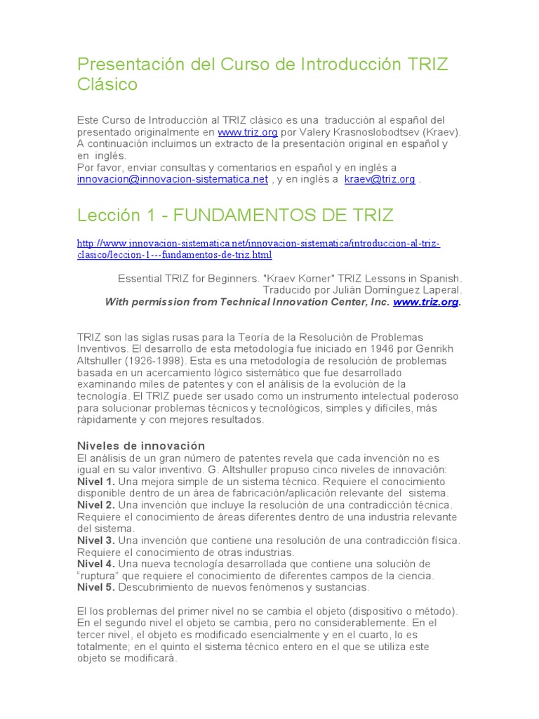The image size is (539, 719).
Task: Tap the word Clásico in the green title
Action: tap(107, 85)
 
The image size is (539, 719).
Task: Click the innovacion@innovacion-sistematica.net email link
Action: tap(173, 179)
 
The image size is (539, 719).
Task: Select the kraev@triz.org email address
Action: tap(379, 179)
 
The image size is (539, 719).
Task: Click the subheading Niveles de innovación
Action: tap(140, 446)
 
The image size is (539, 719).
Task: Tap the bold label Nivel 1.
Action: tap(95, 482)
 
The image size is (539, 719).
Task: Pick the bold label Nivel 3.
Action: tap(95, 541)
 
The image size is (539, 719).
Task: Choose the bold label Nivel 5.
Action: tap(95, 588)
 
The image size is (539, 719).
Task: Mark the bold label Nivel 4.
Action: tap(95, 564)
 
